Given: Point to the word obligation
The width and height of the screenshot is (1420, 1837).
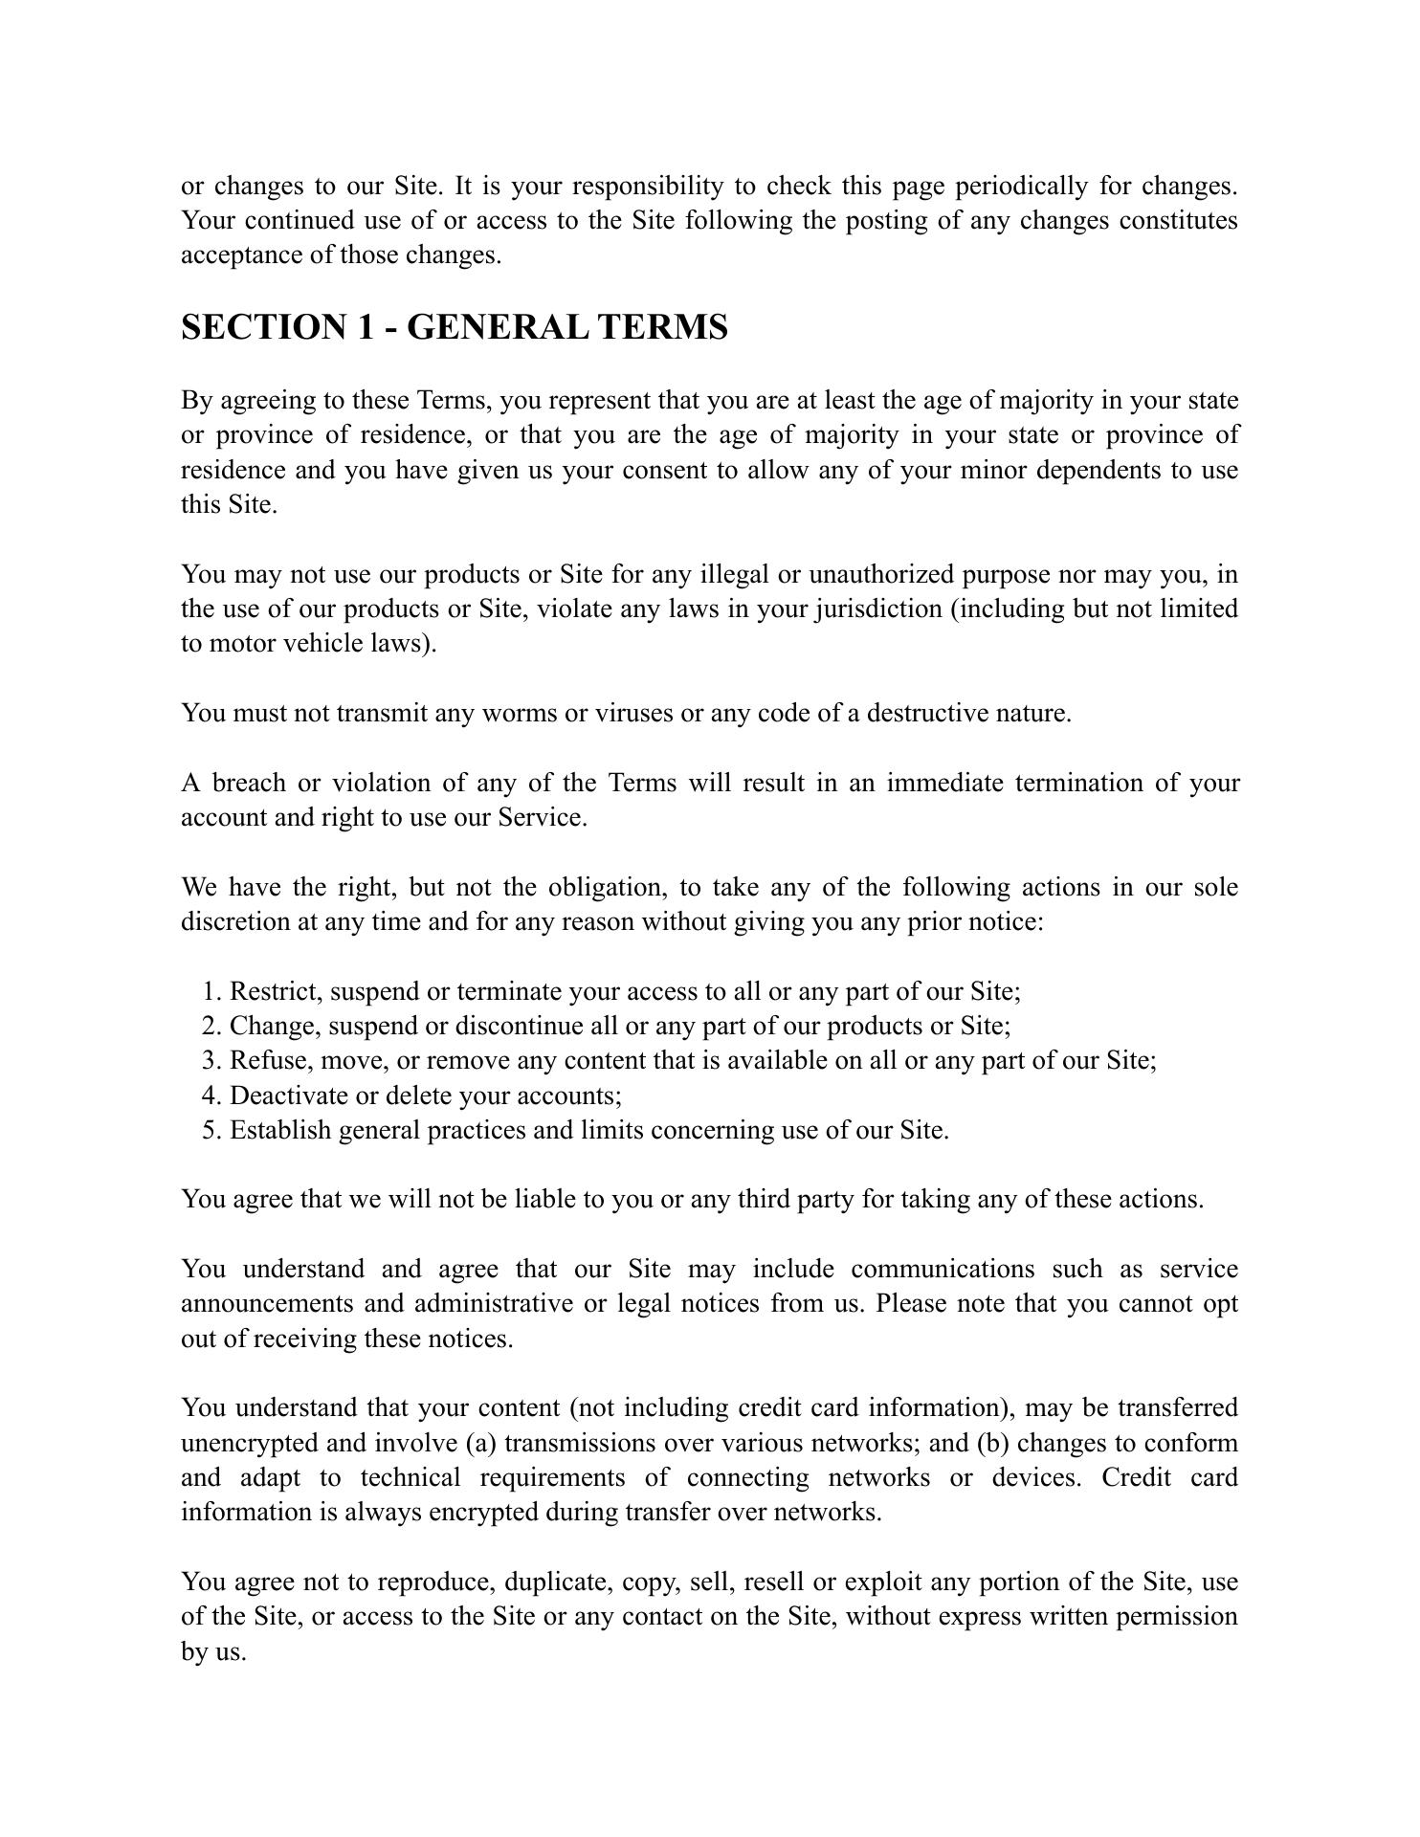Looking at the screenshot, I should point(607,888).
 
